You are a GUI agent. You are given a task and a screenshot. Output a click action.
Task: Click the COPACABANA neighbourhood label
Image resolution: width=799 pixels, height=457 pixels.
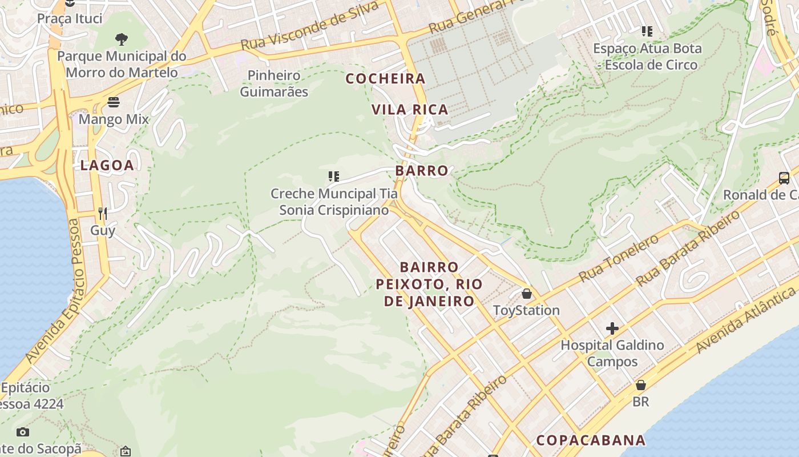[591, 440]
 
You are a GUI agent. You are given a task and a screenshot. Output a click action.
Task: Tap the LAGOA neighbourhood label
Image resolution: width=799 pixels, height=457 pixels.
[107, 166]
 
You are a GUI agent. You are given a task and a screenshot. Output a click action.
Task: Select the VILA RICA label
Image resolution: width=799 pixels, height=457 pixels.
[410, 110]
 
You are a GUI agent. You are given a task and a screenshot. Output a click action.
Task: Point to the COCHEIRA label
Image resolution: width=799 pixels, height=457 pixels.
[386, 79]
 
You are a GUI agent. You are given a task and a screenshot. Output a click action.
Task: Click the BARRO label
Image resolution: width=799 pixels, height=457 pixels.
[422, 171]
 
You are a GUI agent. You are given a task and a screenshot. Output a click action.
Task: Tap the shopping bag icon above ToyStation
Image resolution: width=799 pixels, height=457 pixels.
[526, 294]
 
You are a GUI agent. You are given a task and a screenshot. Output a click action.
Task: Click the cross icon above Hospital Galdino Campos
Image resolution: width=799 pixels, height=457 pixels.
[612, 328]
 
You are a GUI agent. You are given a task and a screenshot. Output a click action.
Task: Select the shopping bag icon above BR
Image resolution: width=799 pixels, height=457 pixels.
[641, 385]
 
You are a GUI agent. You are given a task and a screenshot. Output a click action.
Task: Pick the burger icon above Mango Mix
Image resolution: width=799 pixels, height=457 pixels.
[114, 102]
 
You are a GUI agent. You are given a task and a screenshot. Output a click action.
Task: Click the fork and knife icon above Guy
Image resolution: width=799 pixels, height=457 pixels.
[103, 214]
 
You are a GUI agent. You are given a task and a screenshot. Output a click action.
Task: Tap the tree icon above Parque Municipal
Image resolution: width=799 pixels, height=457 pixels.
[121, 39]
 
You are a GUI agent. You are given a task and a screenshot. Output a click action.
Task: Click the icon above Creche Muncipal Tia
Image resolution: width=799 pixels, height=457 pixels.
[334, 177]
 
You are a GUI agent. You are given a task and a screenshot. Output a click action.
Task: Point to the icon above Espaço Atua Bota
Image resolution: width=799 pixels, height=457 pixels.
[647, 31]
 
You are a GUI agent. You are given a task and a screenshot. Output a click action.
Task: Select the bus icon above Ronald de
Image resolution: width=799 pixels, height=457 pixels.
[784, 178]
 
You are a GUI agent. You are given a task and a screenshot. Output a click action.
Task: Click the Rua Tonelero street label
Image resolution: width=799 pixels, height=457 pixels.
[619, 258]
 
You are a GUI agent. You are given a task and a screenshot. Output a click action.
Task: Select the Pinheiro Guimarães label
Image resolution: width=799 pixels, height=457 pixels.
[274, 83]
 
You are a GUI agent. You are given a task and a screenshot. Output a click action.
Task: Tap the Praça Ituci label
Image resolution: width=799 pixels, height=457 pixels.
[70, 18]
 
